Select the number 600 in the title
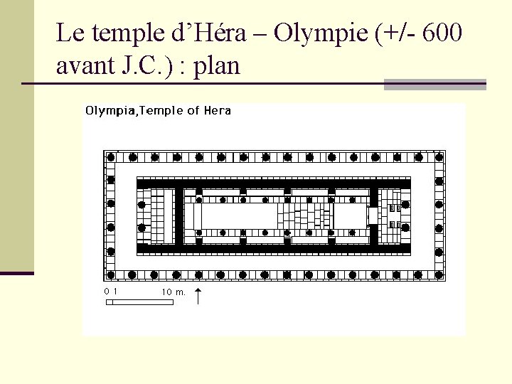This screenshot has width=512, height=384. coord(442,33)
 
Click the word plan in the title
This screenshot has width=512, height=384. coord(217,67)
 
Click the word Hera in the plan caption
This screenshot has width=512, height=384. coord(218,110)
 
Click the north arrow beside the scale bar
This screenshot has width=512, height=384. coord(198,296)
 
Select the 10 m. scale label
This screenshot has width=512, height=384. coord(174,292)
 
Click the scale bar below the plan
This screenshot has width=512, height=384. coord(140,302)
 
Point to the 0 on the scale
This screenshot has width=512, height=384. coord(107,292)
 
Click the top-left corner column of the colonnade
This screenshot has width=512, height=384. coord(111,157)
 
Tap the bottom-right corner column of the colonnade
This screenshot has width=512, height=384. coord(439,274)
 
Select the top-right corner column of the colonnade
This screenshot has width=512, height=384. coord(439,157)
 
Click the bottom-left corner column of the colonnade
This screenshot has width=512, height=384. coord(111,274)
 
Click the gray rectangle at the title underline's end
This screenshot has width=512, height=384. coord(435,84)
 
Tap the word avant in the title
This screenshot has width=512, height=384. coord(85,65)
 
